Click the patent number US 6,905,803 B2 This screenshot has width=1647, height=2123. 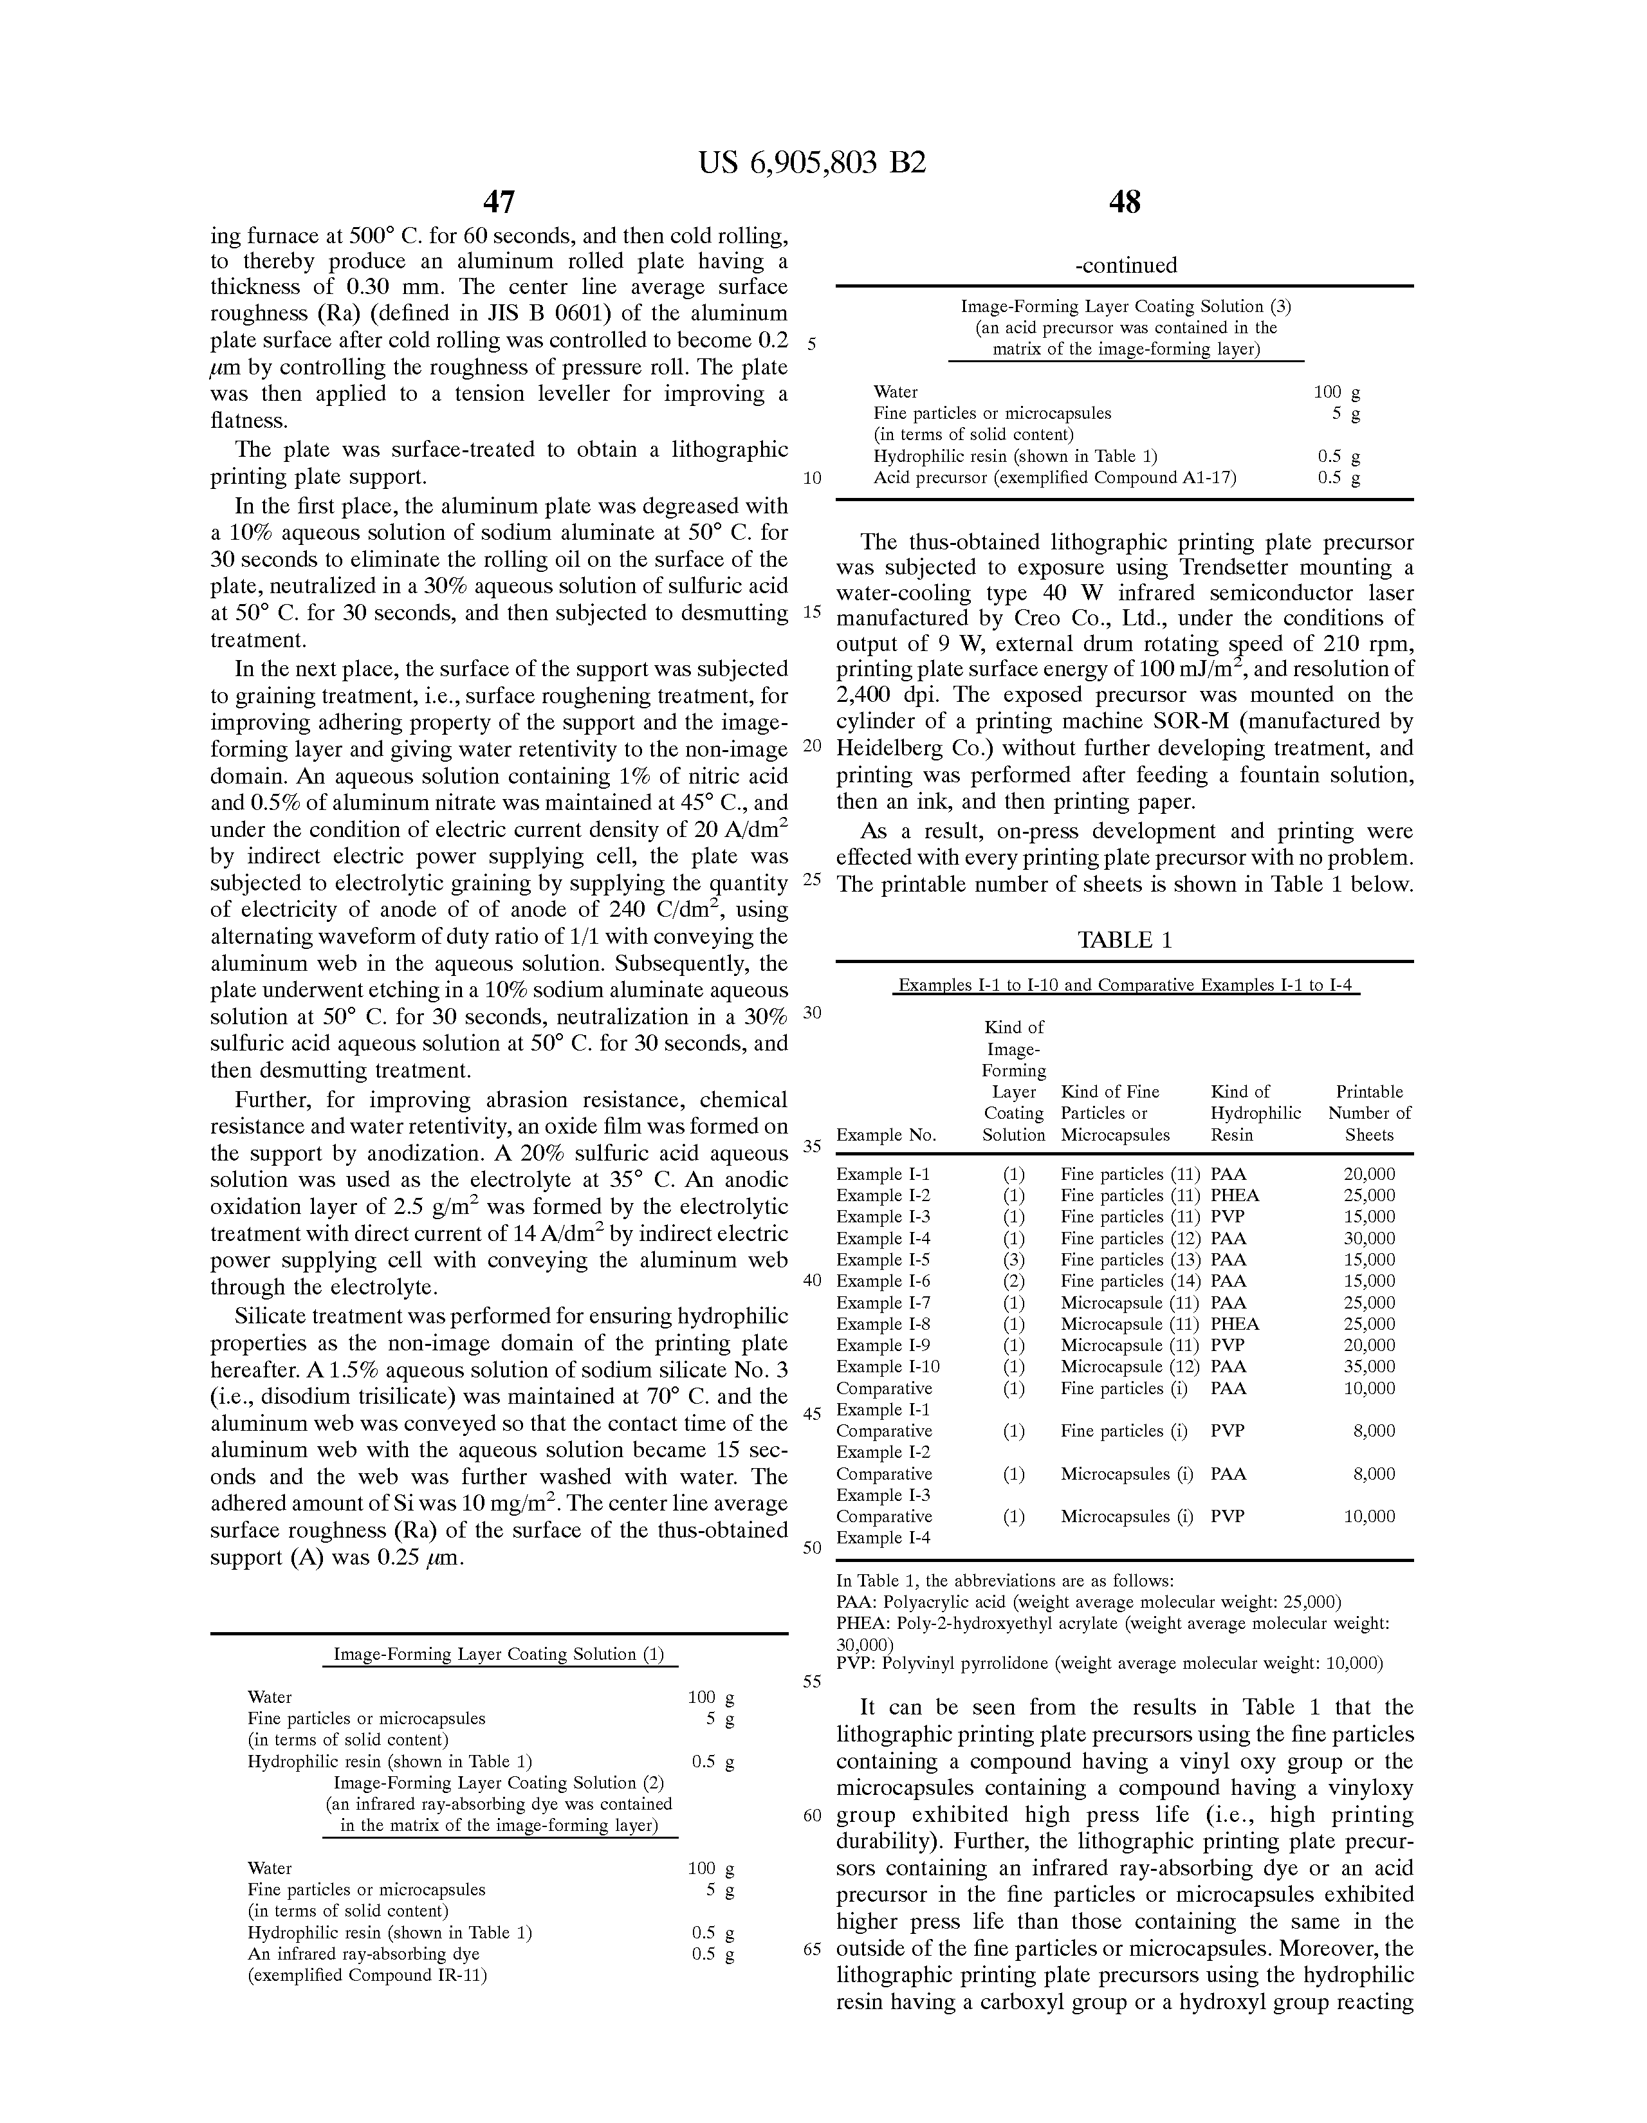[x=812, y=162]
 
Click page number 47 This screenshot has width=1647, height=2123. [x=499, y=202]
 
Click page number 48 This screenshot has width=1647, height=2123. [x=1125, y=202]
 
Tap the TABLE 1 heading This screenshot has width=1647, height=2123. [x=1125, y=940]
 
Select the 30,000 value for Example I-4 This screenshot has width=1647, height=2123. [x=1369, y=1238]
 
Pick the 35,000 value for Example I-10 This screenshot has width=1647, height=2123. [x=1369, y=1366]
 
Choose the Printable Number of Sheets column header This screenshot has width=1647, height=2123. [x=1369, y=1113]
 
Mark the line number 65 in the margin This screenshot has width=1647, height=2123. [x=812, y=1950]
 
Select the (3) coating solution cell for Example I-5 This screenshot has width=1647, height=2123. [x=1013, y=1260]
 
